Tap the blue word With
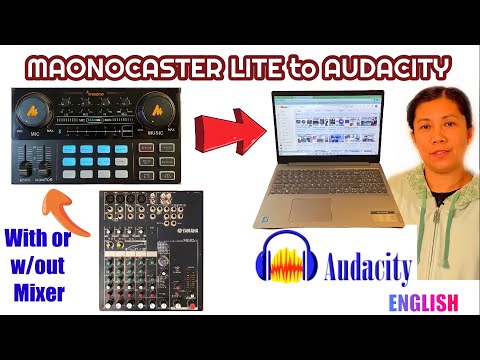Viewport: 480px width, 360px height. coord(31,239)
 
